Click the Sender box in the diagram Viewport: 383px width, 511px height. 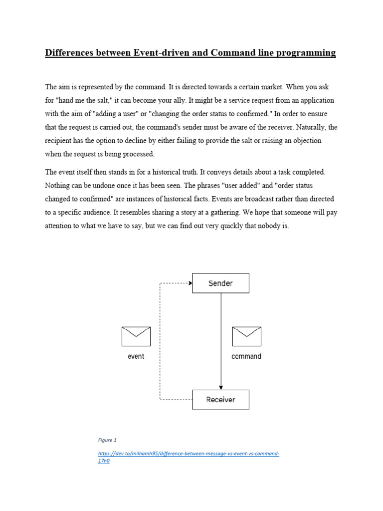click(220, 283)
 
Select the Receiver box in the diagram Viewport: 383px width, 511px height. click(220, 399)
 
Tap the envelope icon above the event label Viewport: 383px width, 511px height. click(136, 336)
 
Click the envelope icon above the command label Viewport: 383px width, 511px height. click(247, 336)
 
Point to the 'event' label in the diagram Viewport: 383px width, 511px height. click(136, 356)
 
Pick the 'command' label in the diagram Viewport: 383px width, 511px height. click(246, 356)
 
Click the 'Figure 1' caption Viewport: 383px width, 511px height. click(107, 440)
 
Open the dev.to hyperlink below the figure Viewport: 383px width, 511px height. click(189, 454)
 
